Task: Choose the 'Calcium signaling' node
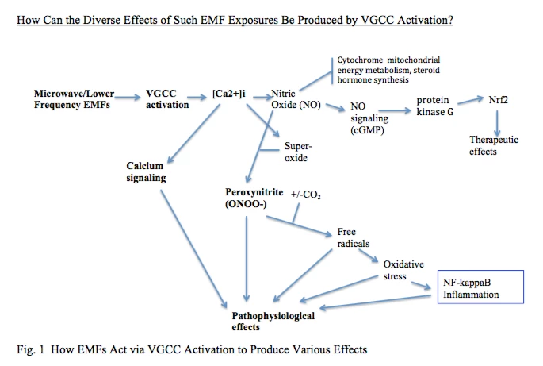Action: [x=146, y=171]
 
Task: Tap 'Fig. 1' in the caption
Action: [x=29, y=349]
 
